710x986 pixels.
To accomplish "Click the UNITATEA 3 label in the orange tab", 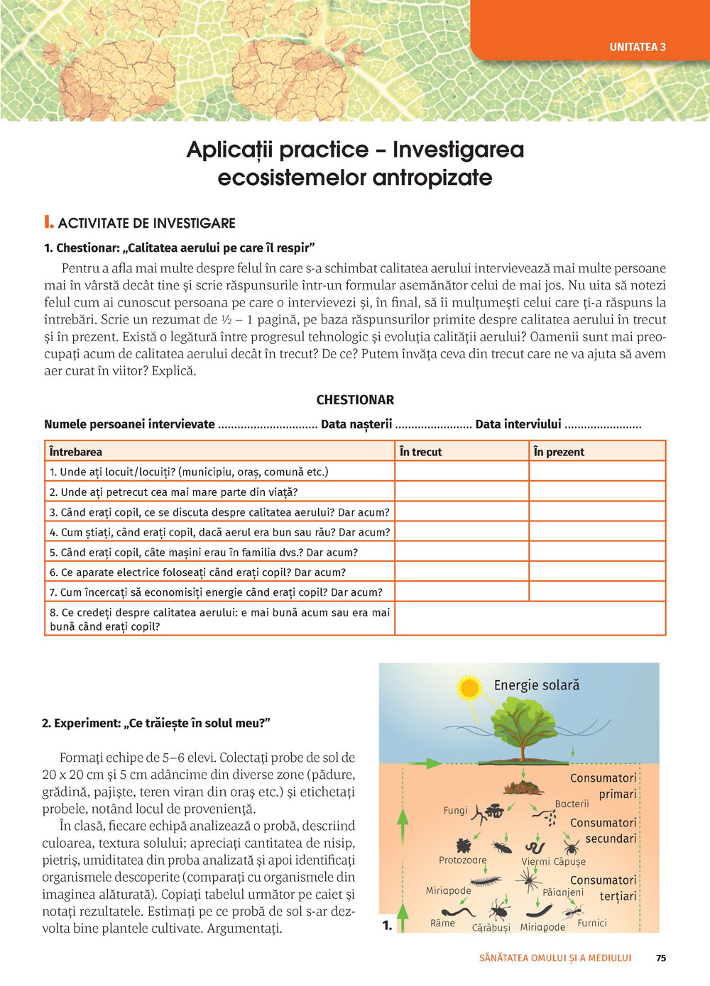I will point(638,47).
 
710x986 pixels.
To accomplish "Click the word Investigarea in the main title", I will point(458,150).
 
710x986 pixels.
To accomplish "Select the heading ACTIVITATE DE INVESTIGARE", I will point(146,223).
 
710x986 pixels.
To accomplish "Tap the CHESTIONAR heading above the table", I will point(355,400).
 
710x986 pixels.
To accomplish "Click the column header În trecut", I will point(420,452).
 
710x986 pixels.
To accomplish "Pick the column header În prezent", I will point(559,452).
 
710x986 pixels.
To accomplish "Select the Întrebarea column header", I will point(76,452).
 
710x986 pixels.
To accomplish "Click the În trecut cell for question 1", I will point(461,472).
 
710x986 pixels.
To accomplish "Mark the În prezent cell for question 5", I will point(597,552).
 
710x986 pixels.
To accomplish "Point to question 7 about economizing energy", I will point(216,592).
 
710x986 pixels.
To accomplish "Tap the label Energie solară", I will point(537,685).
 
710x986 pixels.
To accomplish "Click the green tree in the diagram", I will point(523,725).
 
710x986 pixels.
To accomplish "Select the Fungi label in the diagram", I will point(455,810).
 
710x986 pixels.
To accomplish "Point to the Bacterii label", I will point(572,804).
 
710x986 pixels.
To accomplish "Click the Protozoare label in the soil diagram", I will point(462,860).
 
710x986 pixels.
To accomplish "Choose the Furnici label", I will point(592,923).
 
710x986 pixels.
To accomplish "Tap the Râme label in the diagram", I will point(442,923).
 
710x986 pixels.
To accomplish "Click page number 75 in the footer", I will point(661,958).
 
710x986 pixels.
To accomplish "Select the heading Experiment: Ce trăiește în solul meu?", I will point(156,724).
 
